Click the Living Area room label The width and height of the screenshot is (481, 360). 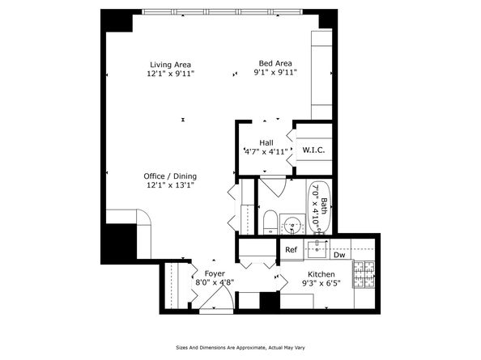tap(171, 65)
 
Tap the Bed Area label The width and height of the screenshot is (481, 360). tap(275, 63)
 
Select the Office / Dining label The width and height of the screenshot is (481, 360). tap(170, 176)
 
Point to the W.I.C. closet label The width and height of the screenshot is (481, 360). tap(313, 150)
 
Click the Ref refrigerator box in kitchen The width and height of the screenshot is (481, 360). tap(292, 250)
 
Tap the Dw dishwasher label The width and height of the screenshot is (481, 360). tap(339, 255)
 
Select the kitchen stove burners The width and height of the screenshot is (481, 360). tap(364, 274)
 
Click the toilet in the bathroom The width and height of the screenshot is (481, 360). tap(270, 222)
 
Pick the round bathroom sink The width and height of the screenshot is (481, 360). tap(292, 225)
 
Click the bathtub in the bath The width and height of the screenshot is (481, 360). tap(320, 208)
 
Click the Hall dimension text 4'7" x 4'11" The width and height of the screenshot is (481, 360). tap(266, 151)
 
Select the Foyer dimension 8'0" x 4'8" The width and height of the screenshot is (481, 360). tap(215, 282)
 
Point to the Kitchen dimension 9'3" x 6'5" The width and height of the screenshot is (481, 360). tap(321, 283)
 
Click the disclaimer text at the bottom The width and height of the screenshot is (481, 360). tap(240, 347)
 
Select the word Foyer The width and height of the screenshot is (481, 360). tap(215, 273)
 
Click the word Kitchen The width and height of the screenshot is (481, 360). tap(321, 274)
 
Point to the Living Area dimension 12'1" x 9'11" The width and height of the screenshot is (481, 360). tap(171, 74)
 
